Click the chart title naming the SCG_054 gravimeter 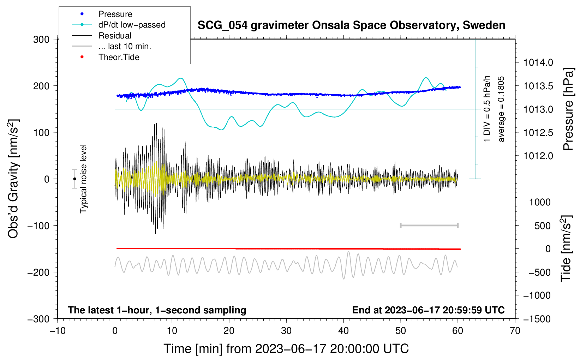(351, 25)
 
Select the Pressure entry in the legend (115, 14)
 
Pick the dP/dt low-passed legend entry (132, 25)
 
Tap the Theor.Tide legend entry (119, 57)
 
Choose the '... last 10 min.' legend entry (125, 46)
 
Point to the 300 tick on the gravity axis (41, 39)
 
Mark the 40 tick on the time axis (343, 331)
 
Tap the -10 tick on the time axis (58, 331)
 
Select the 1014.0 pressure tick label (538, 62)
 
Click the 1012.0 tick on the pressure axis (538, 156)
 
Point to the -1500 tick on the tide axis (537, 319)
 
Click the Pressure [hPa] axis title (568, 109)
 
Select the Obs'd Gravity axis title (13, 179)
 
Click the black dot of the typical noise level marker (74, 179)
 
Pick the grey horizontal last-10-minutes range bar (429, 225)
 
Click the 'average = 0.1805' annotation (501, 109)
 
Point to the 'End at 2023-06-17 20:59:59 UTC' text (428, 310)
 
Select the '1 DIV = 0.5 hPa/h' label (487, 109)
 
